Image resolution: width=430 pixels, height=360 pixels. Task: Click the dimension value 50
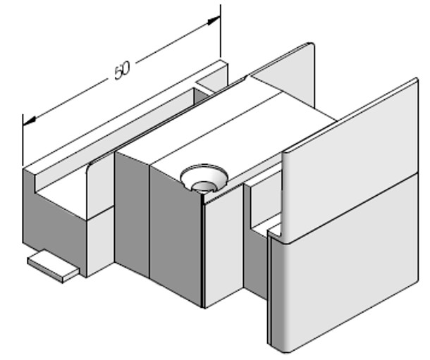tap(122, 70)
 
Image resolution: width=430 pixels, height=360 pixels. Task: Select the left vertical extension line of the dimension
tap(23, 141)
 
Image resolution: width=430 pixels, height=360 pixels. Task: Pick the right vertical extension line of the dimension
tap(221, 32)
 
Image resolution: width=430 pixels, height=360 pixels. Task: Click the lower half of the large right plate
tap(345, 282)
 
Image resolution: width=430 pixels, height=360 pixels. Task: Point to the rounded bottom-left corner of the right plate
tap(276, 344)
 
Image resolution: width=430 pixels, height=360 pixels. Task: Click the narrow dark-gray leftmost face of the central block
tap(131, 211)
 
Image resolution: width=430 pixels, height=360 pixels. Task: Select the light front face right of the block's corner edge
tap(223, 247)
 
